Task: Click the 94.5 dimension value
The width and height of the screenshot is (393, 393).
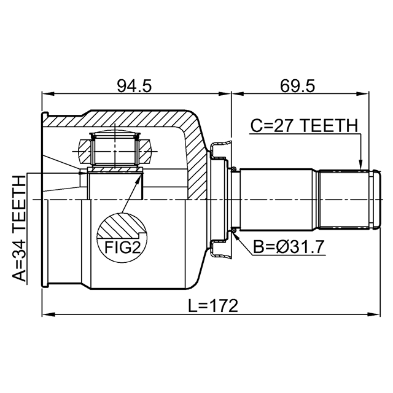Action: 134,86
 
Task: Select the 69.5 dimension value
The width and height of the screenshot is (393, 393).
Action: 297,86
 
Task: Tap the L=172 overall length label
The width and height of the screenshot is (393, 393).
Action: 213,306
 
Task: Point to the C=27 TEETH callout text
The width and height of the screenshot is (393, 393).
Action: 305,125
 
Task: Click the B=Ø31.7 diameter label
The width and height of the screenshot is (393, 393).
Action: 289,247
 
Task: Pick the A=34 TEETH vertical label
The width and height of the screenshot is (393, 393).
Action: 19,228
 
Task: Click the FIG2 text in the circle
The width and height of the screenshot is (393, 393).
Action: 122,247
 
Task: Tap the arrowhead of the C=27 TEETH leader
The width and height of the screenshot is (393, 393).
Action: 360,165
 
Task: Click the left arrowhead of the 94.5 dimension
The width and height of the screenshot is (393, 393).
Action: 48,94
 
